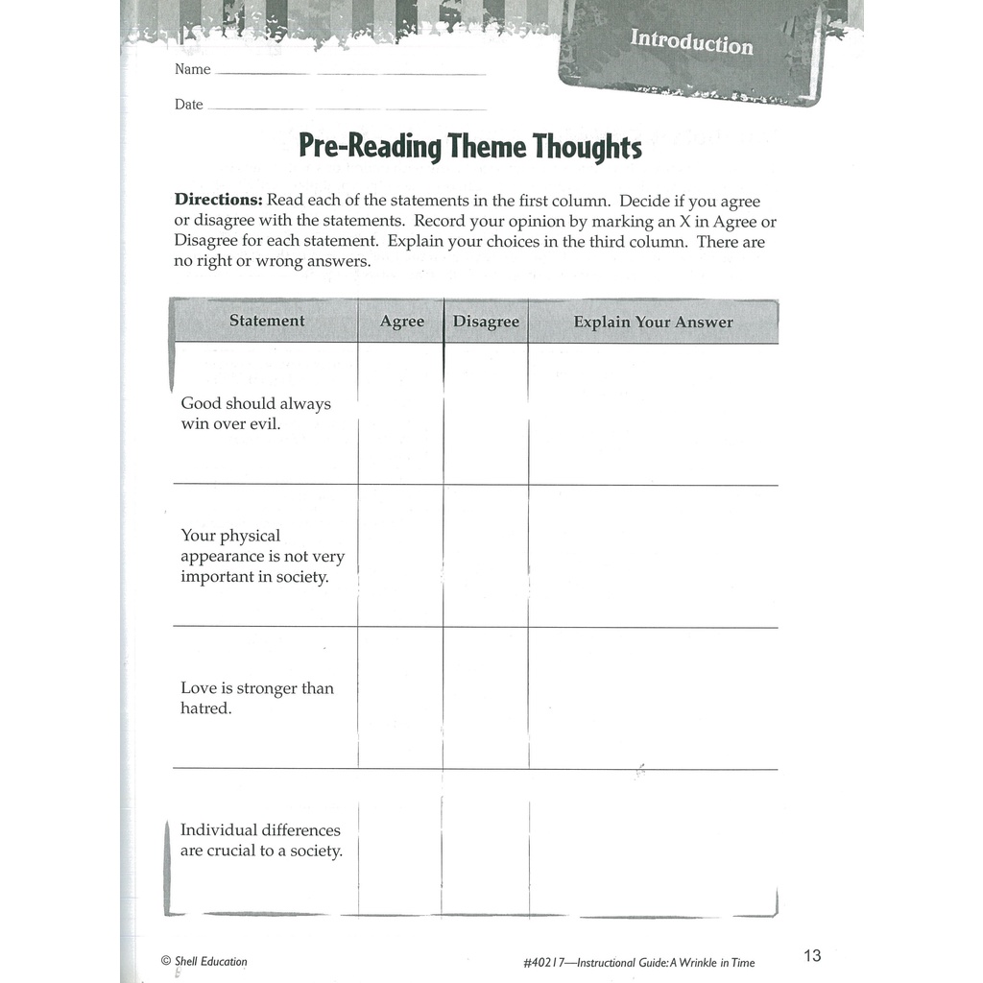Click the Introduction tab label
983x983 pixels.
(x=691, y=42)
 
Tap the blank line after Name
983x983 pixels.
(x=350, y=72)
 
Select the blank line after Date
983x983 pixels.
(x=346, y=108)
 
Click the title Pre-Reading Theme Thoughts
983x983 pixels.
(x=469, y=147)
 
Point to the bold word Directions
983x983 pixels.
(x=218, y=202)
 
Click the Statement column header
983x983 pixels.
(x=267, y=321)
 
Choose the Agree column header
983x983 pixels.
(x=401, y=322)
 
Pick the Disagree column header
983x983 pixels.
(x=486, y=322)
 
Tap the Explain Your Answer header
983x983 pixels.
(x=653, y=322)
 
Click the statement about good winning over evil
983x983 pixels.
(x=255, y=414)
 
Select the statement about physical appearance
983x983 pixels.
(x=262, y=556)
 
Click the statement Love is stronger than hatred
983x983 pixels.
(x=256, y=698)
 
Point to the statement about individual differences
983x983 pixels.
(x=261, y=840)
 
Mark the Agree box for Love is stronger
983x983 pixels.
(x=401, y=698)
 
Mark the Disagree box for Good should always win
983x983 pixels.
(x=486, y=414)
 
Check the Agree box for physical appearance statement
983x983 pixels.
(x=401, y=556)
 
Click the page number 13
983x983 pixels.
(x=812, y=955)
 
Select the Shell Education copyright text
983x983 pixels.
(x=204, y=961)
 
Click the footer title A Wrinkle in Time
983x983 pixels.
(x=710, y=962)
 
